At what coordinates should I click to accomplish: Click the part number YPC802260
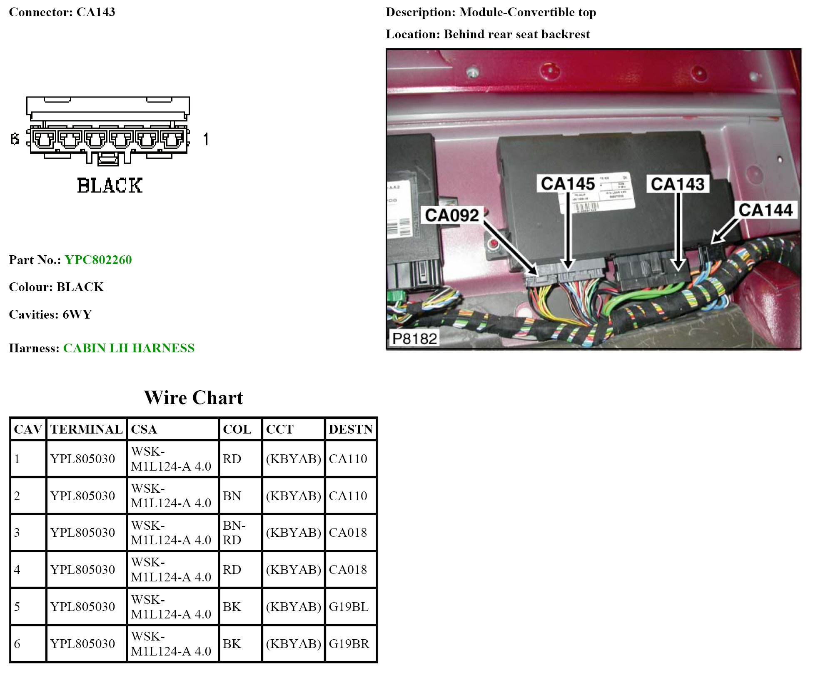point(98,260)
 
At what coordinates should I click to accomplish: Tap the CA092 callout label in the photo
point(451,215)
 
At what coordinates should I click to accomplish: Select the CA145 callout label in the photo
point(568,184)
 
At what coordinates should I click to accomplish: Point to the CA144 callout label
point(766,210)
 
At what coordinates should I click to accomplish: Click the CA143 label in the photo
point(678,184)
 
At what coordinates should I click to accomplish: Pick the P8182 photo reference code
point(414,339)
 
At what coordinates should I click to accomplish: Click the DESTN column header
point(351,429)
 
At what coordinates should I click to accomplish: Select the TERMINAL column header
point(86,429)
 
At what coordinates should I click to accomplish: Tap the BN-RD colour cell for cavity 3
point(234,533)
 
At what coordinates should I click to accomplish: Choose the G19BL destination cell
point(349,607)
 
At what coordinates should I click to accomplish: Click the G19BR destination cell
point(349,644)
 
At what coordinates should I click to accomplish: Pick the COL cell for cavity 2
point(232,496)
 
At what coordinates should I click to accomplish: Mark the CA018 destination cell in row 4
point(348,570)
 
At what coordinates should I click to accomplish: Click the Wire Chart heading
point(193,398)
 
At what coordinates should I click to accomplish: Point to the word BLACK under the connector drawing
point(110,186)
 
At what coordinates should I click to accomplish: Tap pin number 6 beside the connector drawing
point(15,139)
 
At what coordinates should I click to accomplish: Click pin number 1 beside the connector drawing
point(206,139)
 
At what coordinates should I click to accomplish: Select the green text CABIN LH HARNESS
point(129,348)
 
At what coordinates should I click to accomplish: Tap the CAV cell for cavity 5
point(17,607)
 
